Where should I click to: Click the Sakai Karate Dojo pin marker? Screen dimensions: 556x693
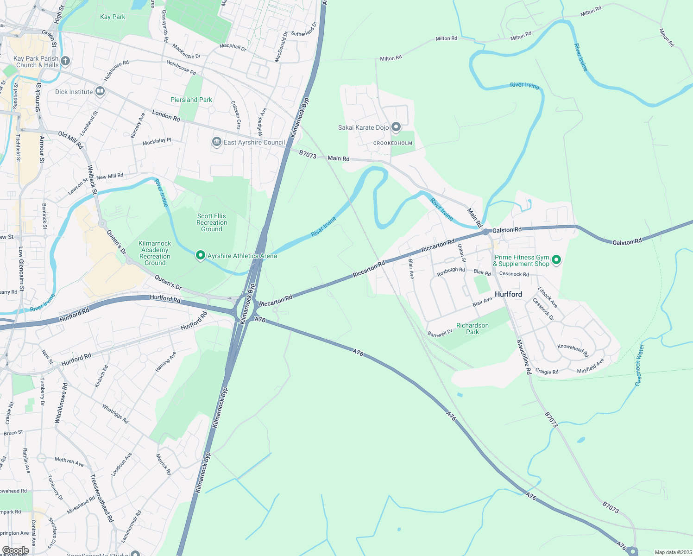coord(396,127)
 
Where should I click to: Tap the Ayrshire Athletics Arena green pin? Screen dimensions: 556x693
coord(201,255)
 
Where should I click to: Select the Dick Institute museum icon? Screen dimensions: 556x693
coord(100,92)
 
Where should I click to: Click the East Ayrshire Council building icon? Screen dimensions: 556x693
coord(216,142)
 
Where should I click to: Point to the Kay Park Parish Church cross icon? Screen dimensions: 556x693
coord(65,61)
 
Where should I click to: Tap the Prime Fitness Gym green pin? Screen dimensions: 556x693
coord(557,260)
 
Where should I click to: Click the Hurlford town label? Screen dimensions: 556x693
coord(508,294)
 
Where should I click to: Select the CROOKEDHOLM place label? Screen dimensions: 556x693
coord(393,143)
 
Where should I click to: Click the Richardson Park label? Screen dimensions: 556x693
coord(472,329)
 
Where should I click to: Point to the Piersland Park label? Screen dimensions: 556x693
coord(191,100)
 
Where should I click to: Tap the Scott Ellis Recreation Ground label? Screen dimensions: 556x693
coord(212,222)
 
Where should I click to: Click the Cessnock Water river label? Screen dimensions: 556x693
coord(639,366)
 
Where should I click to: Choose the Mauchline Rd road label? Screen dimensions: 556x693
coord(524,357)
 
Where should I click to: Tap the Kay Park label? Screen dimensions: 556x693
coord(113,17)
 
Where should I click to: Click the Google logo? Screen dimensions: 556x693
coord(15,550)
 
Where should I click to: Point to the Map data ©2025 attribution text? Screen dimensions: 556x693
coord(673,552)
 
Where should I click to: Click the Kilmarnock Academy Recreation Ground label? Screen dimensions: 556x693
coord(155,253)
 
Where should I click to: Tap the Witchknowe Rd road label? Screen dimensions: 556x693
coord(61,403)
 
